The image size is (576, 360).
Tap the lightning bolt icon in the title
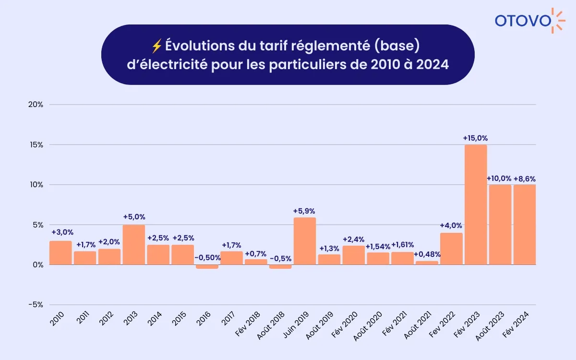(x=156, y=46)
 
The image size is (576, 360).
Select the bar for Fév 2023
(x=476, y=204)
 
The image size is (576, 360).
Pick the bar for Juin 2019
(x=305, y=241)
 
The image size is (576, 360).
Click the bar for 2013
(x=134, y=245)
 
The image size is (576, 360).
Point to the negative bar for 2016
(x=207, y=266)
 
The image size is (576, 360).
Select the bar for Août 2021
(x=427, y=263)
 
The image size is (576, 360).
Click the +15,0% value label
(x=475, y=138)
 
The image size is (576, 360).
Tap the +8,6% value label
(x=524, y=179)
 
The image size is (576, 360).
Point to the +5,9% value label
(x=304, y=211)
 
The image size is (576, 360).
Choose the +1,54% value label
(x=378, y=246)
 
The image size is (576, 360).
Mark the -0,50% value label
(x=207, y=258)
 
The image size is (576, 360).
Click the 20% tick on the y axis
(x=36, y=105)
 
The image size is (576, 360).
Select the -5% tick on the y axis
(x=36, y=305)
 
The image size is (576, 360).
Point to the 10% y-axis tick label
(x=36, y=185)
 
